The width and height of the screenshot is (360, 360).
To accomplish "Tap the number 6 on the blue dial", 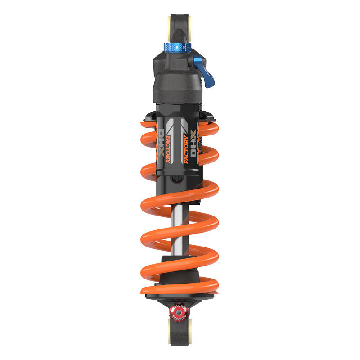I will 177,47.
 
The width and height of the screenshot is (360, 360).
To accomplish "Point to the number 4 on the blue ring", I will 189,47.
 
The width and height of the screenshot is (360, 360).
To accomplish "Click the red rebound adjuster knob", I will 180,310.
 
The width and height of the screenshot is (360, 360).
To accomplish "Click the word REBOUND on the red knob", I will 180,315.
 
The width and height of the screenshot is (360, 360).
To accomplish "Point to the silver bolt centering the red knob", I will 180,310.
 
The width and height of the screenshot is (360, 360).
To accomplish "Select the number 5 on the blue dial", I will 184,47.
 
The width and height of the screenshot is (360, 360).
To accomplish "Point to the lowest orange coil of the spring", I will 180,285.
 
